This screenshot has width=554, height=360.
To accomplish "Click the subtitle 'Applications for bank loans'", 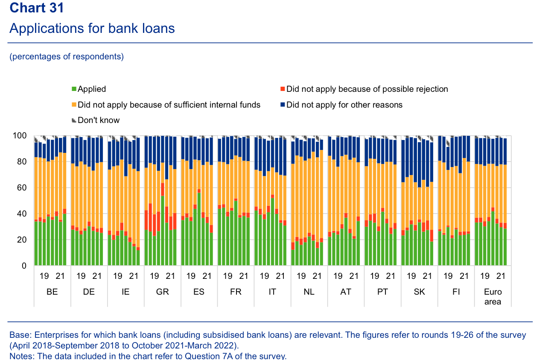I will [x=92, y=28].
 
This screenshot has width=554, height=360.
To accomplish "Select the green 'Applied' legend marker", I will [x=74, y=89].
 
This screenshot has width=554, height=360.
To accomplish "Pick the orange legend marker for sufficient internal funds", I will [x=74, y=105].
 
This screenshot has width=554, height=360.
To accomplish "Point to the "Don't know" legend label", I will [x=99, y=120].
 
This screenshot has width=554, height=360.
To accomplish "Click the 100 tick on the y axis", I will [x=21, y=136].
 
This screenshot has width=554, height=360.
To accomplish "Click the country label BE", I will [x=52, y=292].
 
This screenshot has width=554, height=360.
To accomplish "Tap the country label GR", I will [x=162, y=292].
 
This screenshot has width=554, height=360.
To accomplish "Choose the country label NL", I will [x=309, y=292].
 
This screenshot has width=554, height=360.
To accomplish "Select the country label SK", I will [x=419, y=292].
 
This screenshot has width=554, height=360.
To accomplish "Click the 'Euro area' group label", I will [x=493, y=297].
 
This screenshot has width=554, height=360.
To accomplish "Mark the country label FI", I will [x=456, y=292].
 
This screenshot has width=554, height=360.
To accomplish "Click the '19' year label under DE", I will [x=81, y=276].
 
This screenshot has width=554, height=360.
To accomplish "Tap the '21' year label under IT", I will [x=280, y=276].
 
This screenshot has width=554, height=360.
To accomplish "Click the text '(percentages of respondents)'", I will [x=67, y=57].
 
